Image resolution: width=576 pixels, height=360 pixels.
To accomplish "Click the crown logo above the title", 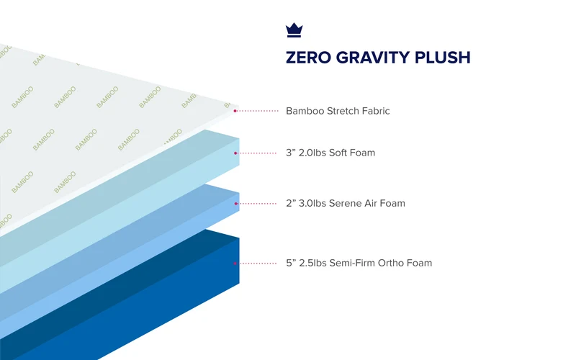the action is [x=294, y=30].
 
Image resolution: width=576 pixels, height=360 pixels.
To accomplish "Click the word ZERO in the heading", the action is [x=309, y=58].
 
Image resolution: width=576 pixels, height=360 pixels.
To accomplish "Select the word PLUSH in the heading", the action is [x=442, y=58].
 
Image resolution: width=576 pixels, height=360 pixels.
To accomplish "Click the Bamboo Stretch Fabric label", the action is [x=338, y=111].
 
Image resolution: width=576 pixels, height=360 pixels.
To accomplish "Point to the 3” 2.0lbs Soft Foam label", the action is [x=330, y=153].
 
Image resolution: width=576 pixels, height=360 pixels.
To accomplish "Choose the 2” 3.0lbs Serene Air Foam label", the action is [x=346, y=203].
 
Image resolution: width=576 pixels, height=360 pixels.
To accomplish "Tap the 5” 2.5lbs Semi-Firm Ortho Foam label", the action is [x=359, y=263].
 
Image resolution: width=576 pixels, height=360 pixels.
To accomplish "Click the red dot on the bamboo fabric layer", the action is [x=235, y=111].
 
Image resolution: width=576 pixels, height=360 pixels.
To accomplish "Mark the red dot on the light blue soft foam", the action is [x=235, y=153].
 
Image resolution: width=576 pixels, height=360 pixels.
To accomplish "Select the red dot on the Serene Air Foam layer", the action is [x=236, y=204].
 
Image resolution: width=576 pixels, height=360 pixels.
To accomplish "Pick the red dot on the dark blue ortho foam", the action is [x=235, y=264].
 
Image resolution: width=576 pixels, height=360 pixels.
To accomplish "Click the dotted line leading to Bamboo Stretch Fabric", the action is [x=258, y=111].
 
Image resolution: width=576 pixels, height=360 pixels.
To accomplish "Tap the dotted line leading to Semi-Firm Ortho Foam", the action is [x=257, y=264].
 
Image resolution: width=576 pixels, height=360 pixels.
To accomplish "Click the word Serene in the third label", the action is [x=346, y=203].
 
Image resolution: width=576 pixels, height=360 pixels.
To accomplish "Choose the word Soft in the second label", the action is [x=338, y=153].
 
